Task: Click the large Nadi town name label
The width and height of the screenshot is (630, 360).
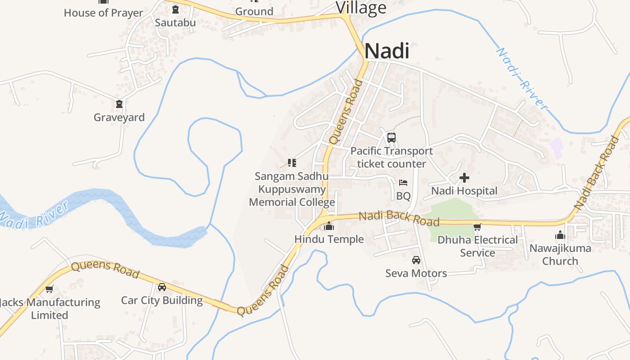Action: [x=387, y=51]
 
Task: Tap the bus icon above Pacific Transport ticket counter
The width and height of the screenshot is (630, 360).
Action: [x=391, y=137]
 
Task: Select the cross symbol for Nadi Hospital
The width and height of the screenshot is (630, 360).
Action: [x=464, y=178]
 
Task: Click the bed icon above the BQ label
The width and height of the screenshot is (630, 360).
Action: [x=403, y=183]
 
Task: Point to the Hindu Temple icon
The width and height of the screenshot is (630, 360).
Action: [x=329, y=226]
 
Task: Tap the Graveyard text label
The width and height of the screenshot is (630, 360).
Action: [x=119, y=117]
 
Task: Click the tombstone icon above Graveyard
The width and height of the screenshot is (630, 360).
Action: [x=119, y=104]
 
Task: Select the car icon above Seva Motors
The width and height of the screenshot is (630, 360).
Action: [x=416, y=260]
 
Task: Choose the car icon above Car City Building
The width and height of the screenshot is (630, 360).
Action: [x=162, y=287]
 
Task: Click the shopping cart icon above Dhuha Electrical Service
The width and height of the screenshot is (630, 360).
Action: [x=477, y=227]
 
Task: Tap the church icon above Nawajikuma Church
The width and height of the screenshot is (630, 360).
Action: [x=560, y=235]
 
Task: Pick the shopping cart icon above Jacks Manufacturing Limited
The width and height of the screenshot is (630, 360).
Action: [x=49, y=289]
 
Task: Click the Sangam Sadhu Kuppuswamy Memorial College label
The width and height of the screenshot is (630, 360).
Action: [x=292, y=189]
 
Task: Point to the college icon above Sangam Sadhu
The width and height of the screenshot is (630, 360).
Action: [x=292, y=162]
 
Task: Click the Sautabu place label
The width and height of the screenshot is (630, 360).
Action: [x=175, y=22]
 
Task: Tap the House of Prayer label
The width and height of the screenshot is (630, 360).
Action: [x=103, y=13]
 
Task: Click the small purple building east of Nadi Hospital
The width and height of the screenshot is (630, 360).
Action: [x=557, y=148]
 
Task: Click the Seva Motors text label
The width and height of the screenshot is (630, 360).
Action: [x=416, y=273]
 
